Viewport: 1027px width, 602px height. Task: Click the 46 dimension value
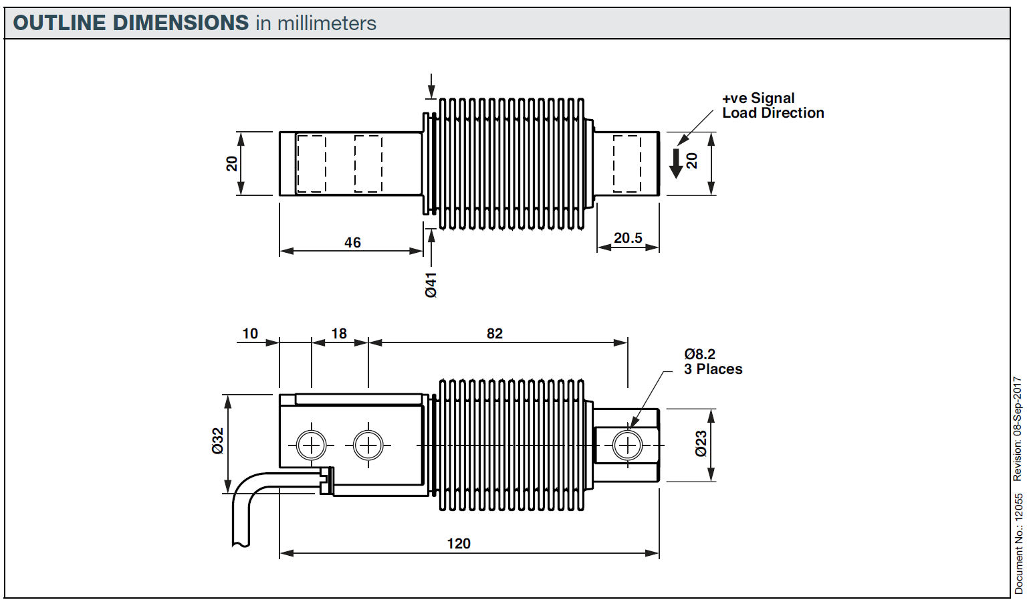(x=352, y=243)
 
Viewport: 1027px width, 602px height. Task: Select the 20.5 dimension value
(x=628, y=238)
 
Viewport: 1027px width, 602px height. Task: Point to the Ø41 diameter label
(x=431, y=284)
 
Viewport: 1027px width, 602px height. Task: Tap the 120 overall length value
(x=459, y=543)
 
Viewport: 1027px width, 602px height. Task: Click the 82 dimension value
(x=495, y=333)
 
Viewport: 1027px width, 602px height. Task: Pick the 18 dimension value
(x=339, y=333)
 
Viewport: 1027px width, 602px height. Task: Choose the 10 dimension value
(x=250, y=333)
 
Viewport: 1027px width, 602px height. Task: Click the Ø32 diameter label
(x=218, y=441)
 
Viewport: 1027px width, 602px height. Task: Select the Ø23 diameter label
(x=701, y=443)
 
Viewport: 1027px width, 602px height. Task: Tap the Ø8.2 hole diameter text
(x=699, y=355)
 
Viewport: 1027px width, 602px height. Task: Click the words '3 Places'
(x=713, y=369)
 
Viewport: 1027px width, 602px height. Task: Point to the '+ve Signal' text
(x=758, y=98)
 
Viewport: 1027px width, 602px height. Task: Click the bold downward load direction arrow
(x=676, y=163)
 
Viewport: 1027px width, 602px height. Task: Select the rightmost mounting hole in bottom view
(x=628, y=445)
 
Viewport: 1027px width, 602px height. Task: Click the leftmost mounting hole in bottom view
(x=312, y=445)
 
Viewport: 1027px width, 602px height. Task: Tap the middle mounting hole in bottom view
(x=368, y=445)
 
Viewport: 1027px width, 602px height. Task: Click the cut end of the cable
(x=241, y=543)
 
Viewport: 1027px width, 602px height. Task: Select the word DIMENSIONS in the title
(x=181, y=23)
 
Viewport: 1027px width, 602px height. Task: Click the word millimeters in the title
(x=327, y=23)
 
